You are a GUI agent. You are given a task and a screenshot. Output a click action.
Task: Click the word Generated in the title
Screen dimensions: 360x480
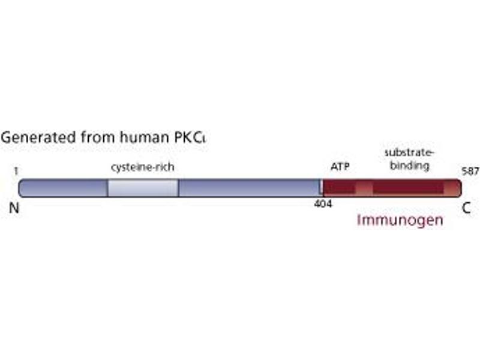[x=29, y=137]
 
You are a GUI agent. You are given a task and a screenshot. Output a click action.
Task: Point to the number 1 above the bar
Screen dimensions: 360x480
[x=16, y=171]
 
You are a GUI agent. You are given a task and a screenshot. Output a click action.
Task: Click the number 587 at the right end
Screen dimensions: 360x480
[x=470, y=171]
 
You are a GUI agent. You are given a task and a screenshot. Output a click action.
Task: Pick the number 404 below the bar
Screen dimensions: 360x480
[x=323, y=204]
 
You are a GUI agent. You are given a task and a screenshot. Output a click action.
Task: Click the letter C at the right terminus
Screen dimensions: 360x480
[x=466, y=208]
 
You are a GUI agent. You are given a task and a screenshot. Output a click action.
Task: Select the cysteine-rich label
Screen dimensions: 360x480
[x=143, y=167]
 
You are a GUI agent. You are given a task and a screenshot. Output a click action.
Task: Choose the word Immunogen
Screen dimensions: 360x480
[x=400, y=220]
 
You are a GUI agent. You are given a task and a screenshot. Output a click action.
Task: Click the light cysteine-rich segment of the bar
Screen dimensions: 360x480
[x=143, y=188]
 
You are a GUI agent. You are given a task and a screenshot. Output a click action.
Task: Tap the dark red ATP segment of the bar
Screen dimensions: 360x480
[x=340, y=188]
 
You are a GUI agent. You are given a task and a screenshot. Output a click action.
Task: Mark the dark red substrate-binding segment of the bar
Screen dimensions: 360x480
[x=408, y=188]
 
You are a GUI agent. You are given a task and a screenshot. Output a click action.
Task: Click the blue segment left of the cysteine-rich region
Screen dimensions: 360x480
[x=63, y=188]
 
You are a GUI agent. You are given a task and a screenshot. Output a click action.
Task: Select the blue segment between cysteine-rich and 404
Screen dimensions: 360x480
[x=249, y=188]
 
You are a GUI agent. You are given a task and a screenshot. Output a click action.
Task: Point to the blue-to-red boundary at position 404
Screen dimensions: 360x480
[x=322, y=188]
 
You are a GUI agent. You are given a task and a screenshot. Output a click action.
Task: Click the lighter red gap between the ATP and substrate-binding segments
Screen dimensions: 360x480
[x=364, y=188]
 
